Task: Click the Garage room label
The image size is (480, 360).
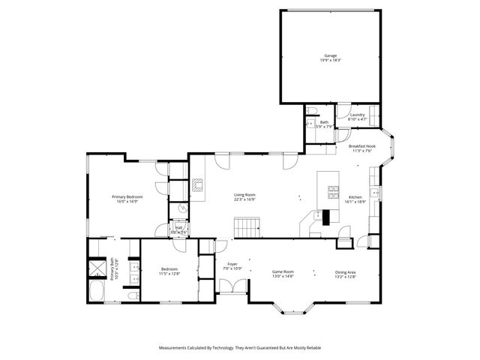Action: [x=330, y=55]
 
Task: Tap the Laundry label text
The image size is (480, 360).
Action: [x=357, y=115]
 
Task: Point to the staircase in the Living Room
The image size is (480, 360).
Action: [x=247, y=225]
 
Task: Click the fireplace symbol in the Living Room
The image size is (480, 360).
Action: [x=198, y=185]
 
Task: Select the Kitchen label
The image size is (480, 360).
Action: [x=355, y=197]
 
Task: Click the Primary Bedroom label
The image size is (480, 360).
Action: [x=127, y=196]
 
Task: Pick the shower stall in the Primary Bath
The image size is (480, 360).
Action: [x=97, y=268]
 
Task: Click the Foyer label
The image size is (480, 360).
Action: [x=232, y=264]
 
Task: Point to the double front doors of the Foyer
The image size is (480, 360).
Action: [x=232, y=287]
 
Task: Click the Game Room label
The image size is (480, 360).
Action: [x=283, y=272]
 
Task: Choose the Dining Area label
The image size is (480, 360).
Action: [x=345, y=272]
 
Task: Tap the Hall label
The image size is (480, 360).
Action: [x=179, y=229]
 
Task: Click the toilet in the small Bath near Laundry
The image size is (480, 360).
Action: [x=309, y=123]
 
